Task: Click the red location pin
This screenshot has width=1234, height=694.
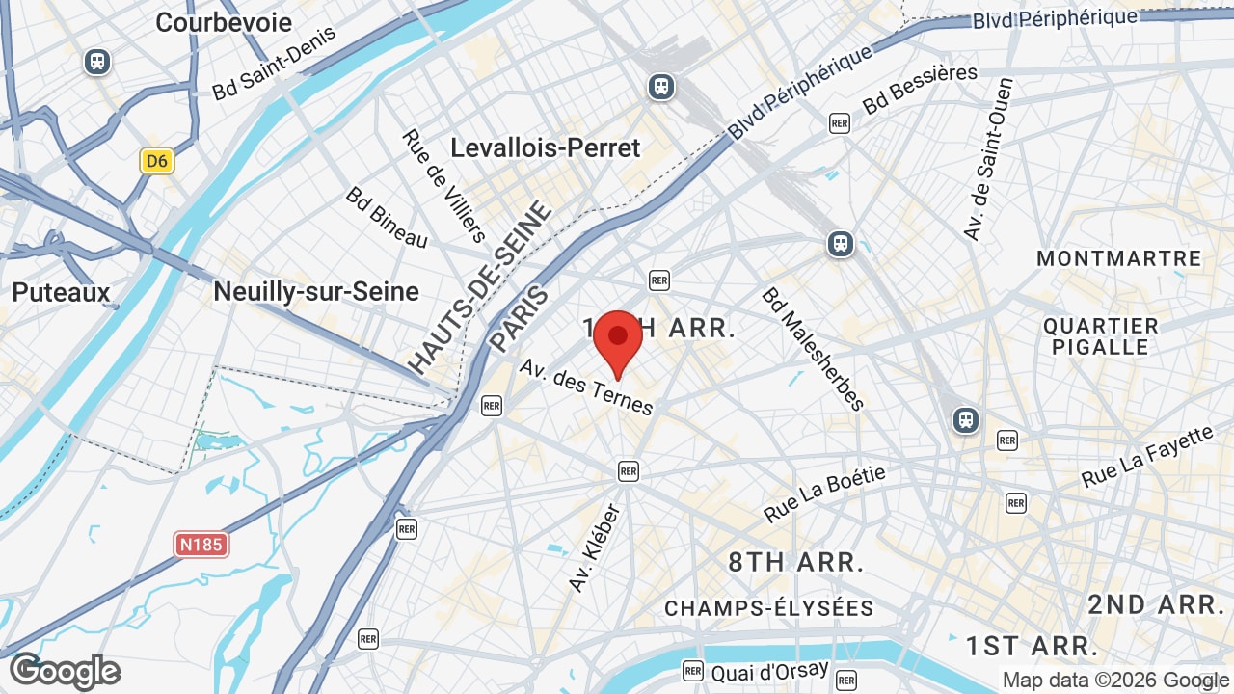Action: (x=618, y=340)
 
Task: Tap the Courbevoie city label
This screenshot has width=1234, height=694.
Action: (x=224, y=22)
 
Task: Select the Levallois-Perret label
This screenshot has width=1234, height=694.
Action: (x=546, y=147)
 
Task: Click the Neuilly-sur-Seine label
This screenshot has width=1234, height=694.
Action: (x=316, y=291)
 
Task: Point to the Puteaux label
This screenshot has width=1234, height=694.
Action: (x=62, y=292)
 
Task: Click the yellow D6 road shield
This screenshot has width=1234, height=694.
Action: (x=156, y=161)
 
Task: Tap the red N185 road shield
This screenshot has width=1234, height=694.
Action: (x=202, y=545)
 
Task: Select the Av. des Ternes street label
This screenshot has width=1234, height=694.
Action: (x=586, y=387)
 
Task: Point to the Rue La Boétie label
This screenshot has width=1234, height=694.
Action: (x=824, y=494)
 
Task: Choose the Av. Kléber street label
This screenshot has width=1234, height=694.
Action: (x=595, y=547)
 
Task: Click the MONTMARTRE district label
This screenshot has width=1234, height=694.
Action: (x=1119, y=258)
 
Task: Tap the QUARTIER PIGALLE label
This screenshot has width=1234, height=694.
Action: (x=1100, y=336)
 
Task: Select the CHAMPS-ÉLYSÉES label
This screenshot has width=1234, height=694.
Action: (x=768, y=608)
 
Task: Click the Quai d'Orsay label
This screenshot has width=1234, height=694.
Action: (x=769, y=671)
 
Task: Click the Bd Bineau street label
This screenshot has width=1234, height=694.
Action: (x=387, y=217)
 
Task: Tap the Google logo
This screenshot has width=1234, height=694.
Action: (x=65, y=671)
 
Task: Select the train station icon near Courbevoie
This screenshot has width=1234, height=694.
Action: (x=96, y=62)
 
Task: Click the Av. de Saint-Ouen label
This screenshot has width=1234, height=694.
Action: (x=989, y=159)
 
